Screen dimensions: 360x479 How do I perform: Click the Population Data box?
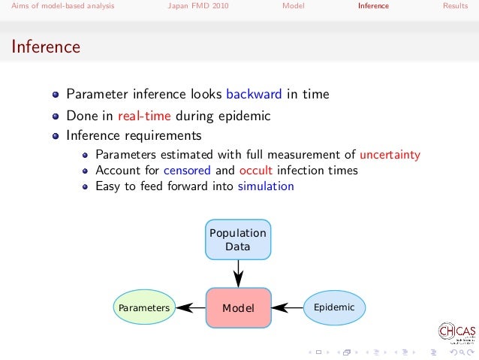click(238, 240)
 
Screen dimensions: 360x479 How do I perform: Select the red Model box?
click(238, 308)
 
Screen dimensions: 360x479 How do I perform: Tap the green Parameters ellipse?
click(143, 308)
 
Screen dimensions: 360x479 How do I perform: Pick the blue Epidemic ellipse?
click(334, 307)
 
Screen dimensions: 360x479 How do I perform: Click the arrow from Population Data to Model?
click(238, 273)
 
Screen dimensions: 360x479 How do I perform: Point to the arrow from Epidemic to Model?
click(287, 307)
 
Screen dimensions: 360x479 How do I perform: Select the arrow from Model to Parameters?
click(190, 307)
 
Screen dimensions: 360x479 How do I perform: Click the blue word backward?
click(254, 95)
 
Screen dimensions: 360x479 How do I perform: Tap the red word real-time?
click(146, 116)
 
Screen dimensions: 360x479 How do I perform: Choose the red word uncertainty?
click(390, 155)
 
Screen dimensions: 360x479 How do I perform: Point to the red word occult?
click(262, 170)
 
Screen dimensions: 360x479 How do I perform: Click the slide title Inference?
click(46, 47)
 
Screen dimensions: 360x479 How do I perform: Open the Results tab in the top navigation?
click(455, 6)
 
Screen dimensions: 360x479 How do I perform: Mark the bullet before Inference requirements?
click(56, 137)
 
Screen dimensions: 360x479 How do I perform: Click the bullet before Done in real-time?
click(56, 116)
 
